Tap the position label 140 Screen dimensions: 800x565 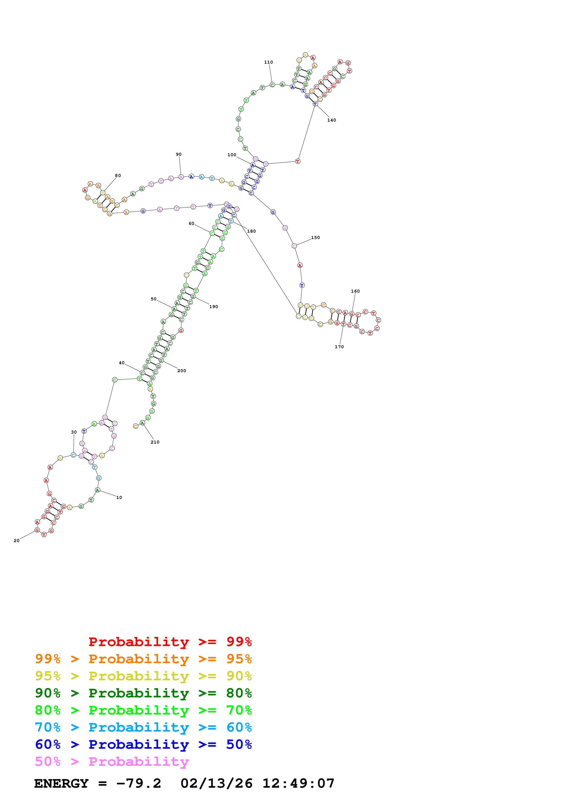pyautogui.click(x=331, y=120)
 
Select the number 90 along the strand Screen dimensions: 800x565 pyautogui.click(x=179, y=154)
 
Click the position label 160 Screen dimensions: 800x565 pyautogui.click(x=355, y=291)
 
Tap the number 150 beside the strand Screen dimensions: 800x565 pyautogui.click(x=315, y=238)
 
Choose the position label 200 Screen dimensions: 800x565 pyautogui.click(x=182, y=371)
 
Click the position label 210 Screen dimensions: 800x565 pyautogui.click(x=155, y=442)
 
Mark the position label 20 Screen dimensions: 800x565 pyautogui.click(x=16, y=541)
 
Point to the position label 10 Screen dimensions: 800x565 pyautogui.click(x=119, y=498)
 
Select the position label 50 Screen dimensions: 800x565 pyautogui.click(x=154, y=299)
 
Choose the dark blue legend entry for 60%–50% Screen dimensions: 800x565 pyautogui.click(x=143, y=744)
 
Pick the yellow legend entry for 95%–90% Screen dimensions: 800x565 pyautogui.click(x=143, y=676)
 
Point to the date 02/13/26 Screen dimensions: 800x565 pyautogui.click(x=216, y=783)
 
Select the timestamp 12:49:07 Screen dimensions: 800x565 pyautogui.click(x=298, y=783)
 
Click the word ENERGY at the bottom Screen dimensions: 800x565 pyautogui.click(x=61, y=783)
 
